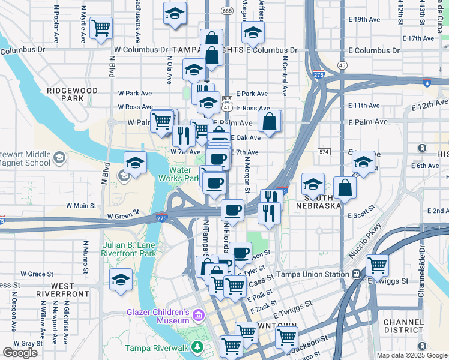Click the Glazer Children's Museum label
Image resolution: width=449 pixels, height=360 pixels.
point(157,316)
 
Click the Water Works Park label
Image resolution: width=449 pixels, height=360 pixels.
point(178,174)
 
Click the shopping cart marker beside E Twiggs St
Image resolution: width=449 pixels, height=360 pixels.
point(377,265)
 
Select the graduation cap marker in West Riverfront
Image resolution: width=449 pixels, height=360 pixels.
point(121,280)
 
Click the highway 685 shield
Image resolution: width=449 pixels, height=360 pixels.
point(226,11)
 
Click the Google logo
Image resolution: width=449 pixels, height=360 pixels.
point(20,353)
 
